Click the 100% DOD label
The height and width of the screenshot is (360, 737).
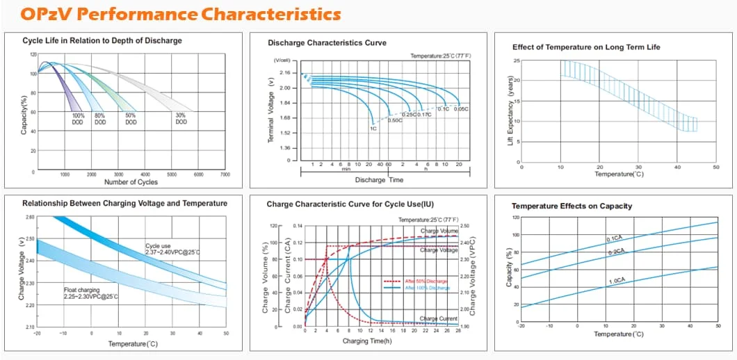point(78,119)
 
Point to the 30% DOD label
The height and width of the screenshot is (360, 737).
point(181,119)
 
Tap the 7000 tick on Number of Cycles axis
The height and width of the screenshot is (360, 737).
point(225,174)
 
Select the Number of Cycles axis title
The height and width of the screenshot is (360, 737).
point(131,182)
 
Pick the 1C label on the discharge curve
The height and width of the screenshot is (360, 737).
point(373,129)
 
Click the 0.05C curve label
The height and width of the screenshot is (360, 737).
point(461,109)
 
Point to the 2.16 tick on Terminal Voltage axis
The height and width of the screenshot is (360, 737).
point(284,72)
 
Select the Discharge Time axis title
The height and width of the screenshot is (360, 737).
point(379,180)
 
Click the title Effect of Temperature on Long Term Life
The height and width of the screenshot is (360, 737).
point(586,47)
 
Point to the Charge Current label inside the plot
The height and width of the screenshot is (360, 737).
point(439,318)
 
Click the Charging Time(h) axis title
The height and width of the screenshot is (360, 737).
point(366,341)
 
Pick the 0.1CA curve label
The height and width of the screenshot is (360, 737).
point(615,239)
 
